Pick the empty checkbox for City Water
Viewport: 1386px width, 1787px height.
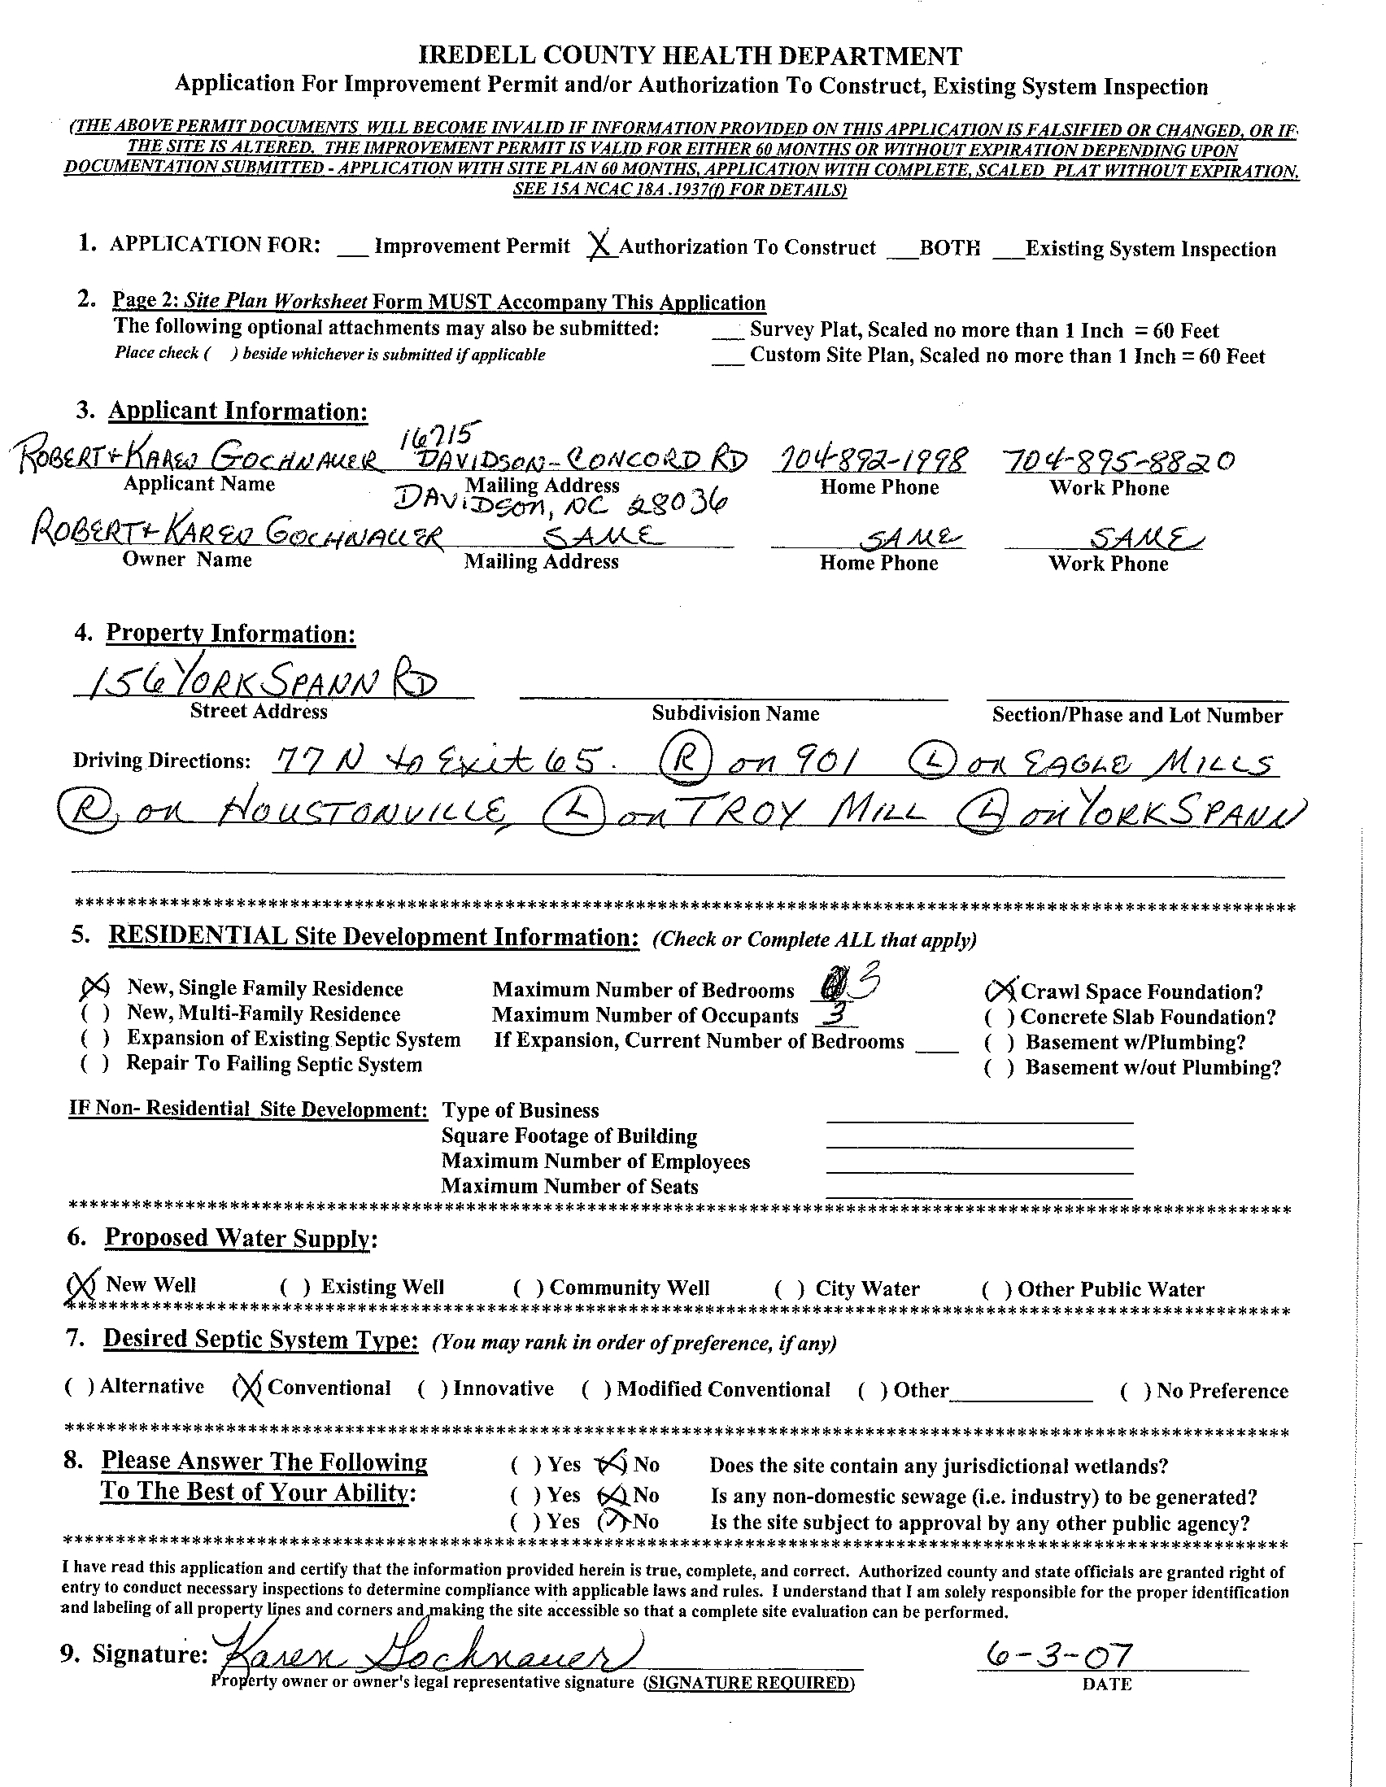789,1288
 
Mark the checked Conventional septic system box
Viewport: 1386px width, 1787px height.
246,1388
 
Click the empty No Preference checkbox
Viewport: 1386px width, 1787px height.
1135,1391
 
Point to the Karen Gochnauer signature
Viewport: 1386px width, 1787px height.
425,1655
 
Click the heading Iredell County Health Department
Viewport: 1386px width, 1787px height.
690,55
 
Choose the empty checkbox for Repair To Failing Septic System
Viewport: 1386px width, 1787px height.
94,1064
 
